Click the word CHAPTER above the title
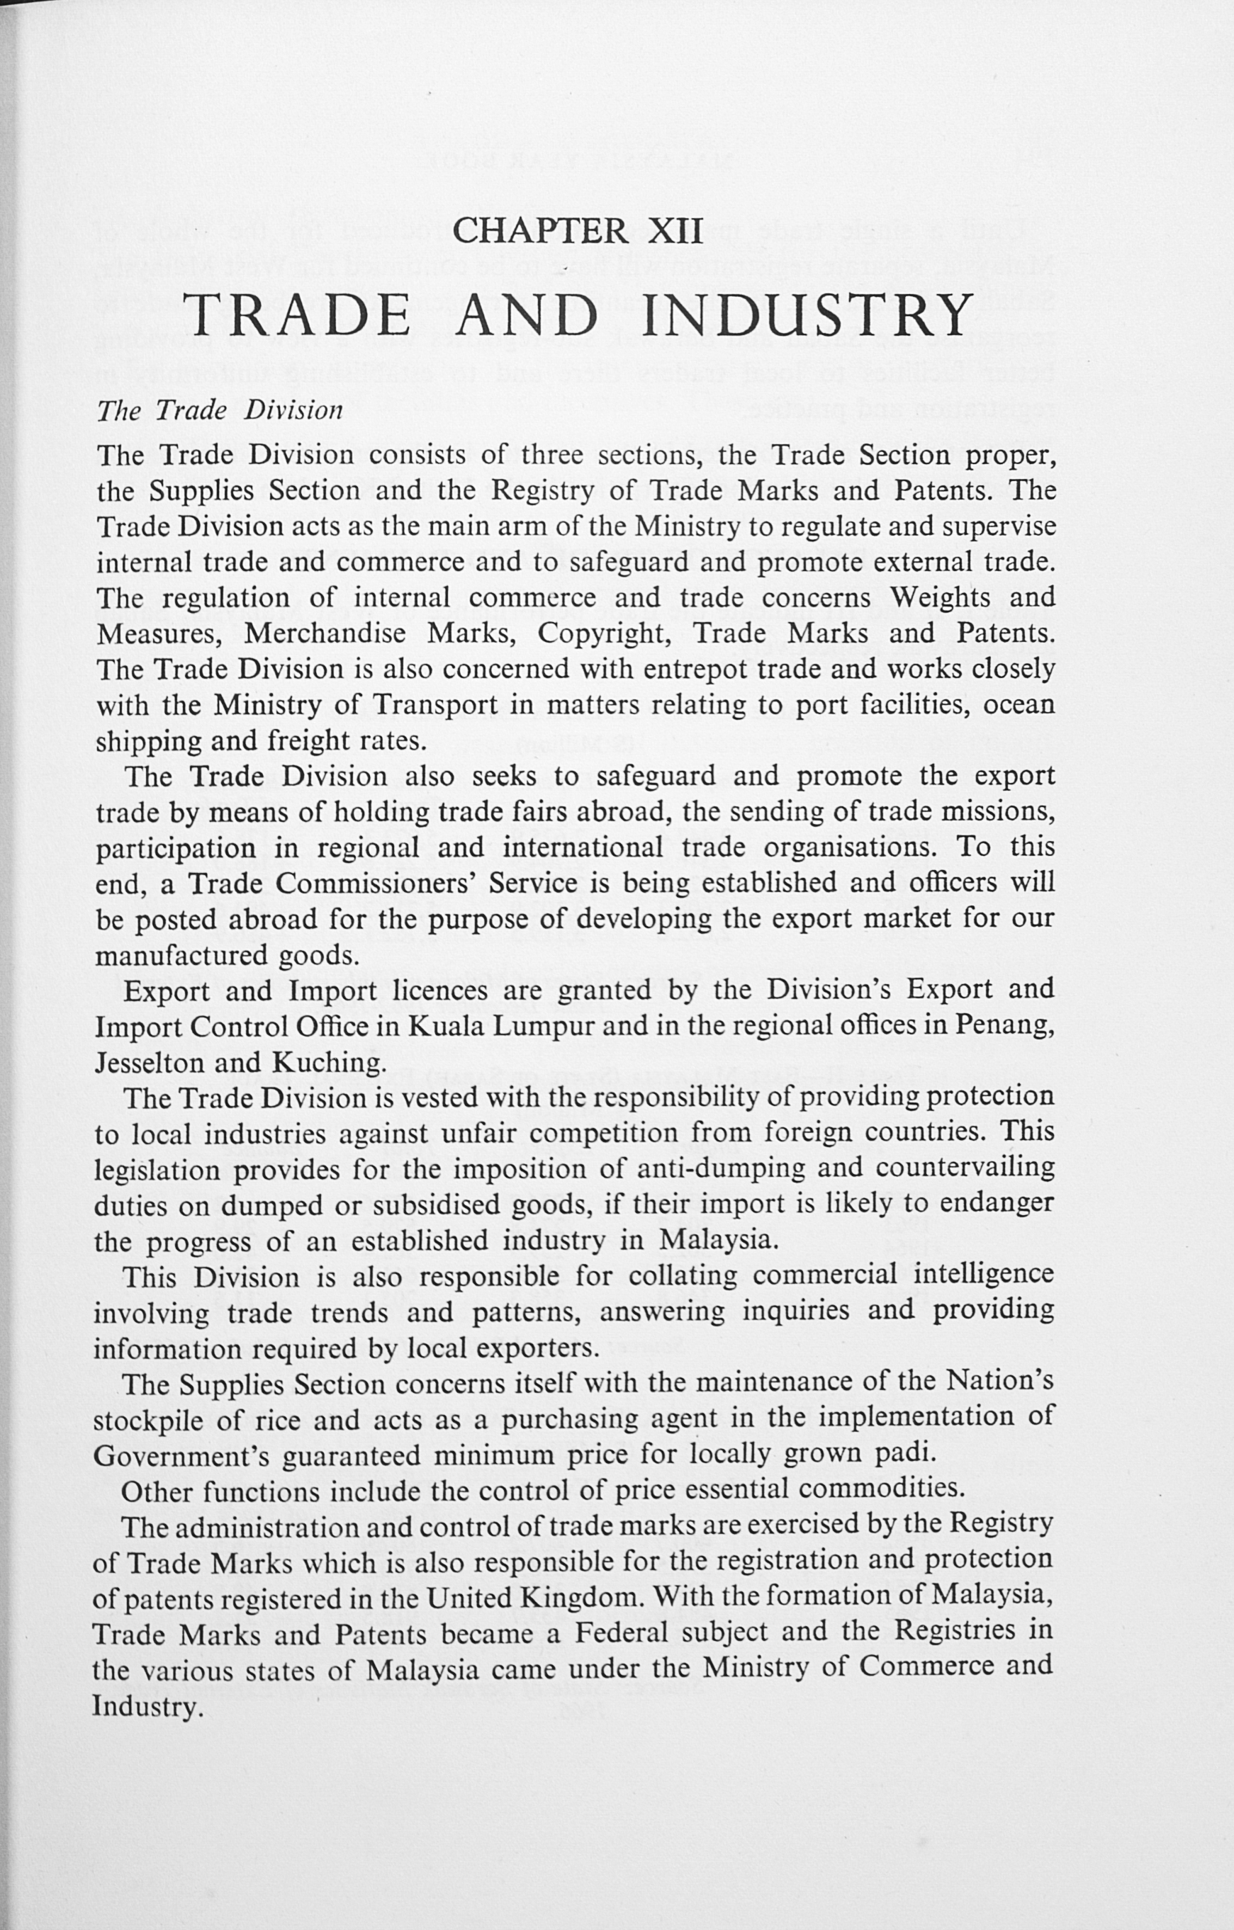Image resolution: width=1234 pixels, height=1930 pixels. tap(540, 232)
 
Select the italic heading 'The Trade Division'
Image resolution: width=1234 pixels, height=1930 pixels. tap(220, 410)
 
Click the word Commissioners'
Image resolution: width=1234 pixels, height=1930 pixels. tap(332, 884)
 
